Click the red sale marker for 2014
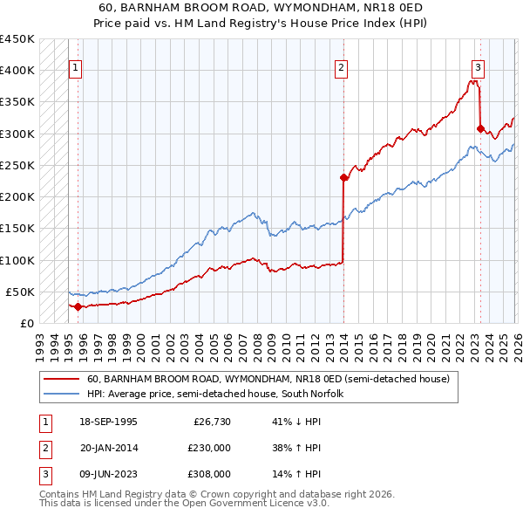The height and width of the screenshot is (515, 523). tap(343, 178)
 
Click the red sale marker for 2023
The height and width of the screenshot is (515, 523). tap(480, 128)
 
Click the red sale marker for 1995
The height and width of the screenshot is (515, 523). tap(78, 306)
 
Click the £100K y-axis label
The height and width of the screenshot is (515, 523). tap(17, 260)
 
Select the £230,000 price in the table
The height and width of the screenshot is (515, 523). tap(209, 449)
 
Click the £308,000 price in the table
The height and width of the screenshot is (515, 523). tap(209, 474)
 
